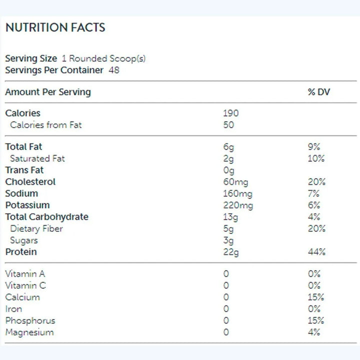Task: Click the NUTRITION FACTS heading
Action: [55, 27]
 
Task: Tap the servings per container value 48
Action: [114, 70]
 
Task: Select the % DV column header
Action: [319, 92]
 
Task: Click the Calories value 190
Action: [231, 113]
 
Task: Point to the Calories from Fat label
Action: [45, 125]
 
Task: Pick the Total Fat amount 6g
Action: [228, 147]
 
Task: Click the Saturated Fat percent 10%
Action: [316, 158]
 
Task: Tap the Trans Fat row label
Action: [24, 170]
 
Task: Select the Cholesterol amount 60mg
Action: [235, 182]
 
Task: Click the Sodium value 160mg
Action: [237, 193]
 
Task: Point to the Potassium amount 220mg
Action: [238, 205]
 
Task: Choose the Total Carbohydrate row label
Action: [46, 217]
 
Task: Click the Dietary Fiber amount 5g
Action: [228, 228]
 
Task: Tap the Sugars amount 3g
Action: [228, 240]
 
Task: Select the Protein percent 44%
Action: [317, 252]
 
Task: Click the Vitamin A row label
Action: [25, 274]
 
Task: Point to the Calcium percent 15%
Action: [316, 297]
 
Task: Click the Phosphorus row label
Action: [30, 320]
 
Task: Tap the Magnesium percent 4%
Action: [314, 332]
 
